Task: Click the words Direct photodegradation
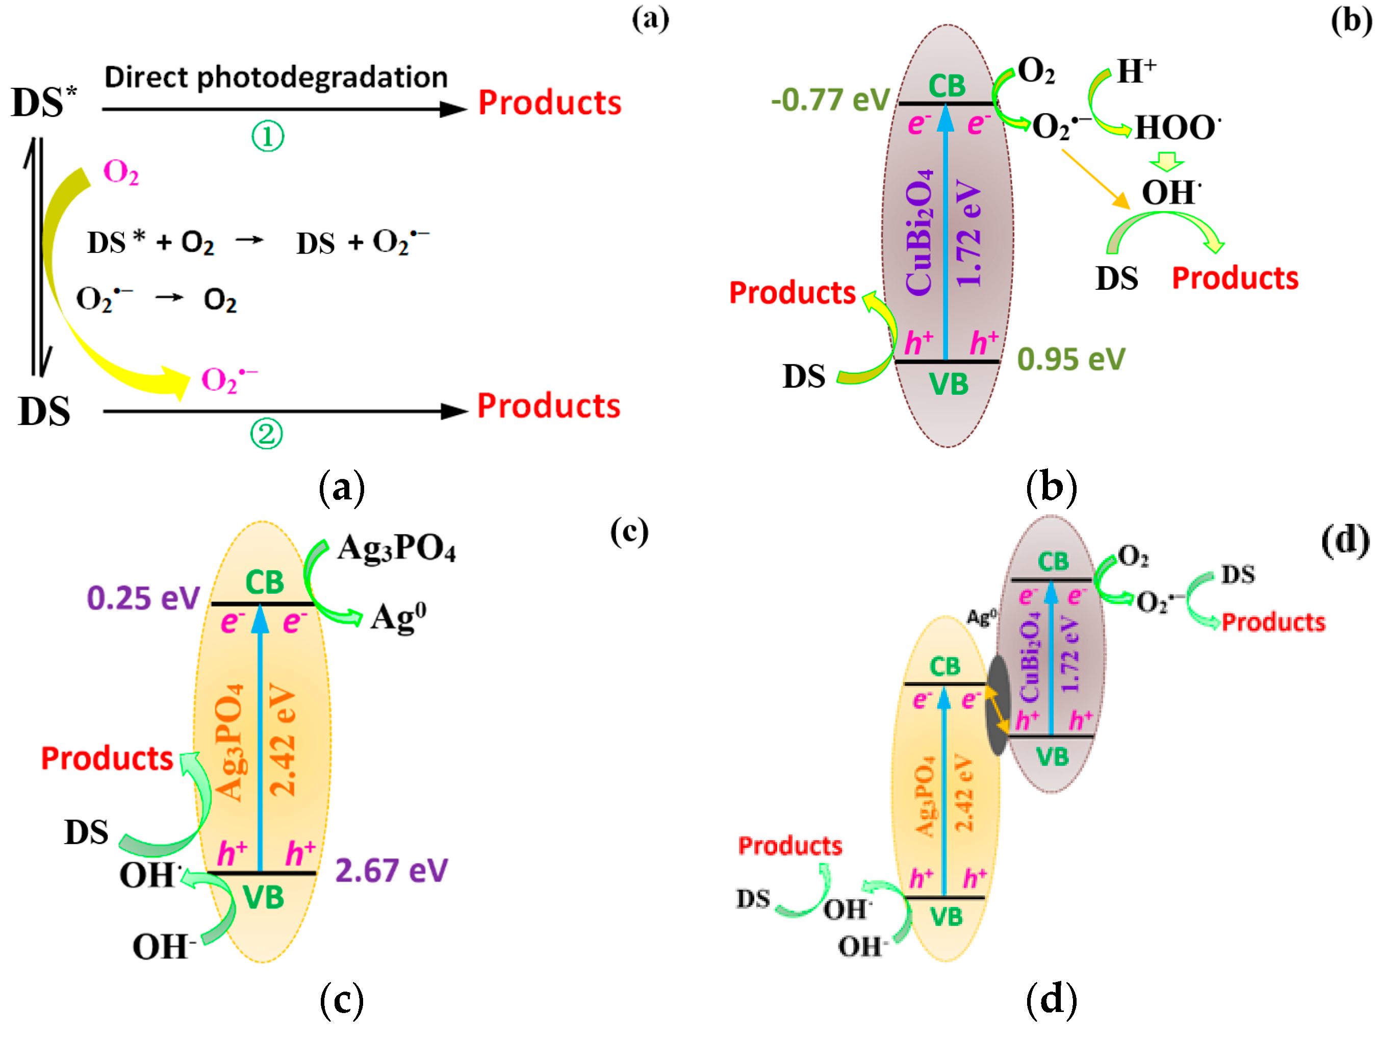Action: click(x=275, y=78)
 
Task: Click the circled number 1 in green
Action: click(x=267, y=137)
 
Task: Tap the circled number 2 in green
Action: click(x=266, y=434)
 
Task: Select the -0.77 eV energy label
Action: click(x=830, y=100)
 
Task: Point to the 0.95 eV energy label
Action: click(x=1071, y=359)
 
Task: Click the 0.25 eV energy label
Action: click(x=143, y=598)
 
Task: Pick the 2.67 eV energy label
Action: click(x=391, y=871)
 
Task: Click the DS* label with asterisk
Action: click(x=44, y=102)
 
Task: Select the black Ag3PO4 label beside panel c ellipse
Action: click(x=396, y=549)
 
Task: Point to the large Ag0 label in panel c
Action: click(x=398, y=618)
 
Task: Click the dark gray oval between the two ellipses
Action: click(x=997, y=704)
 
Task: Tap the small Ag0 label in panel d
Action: click(x=981, y=617)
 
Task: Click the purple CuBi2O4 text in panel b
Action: click(x=919, y=231)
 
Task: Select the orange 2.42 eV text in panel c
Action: click(x=282, y=739)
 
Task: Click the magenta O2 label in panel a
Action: click(x=120, y=171)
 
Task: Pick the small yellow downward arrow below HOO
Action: click(x=1166, y=162)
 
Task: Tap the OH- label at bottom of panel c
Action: click(x=164, y=947)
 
